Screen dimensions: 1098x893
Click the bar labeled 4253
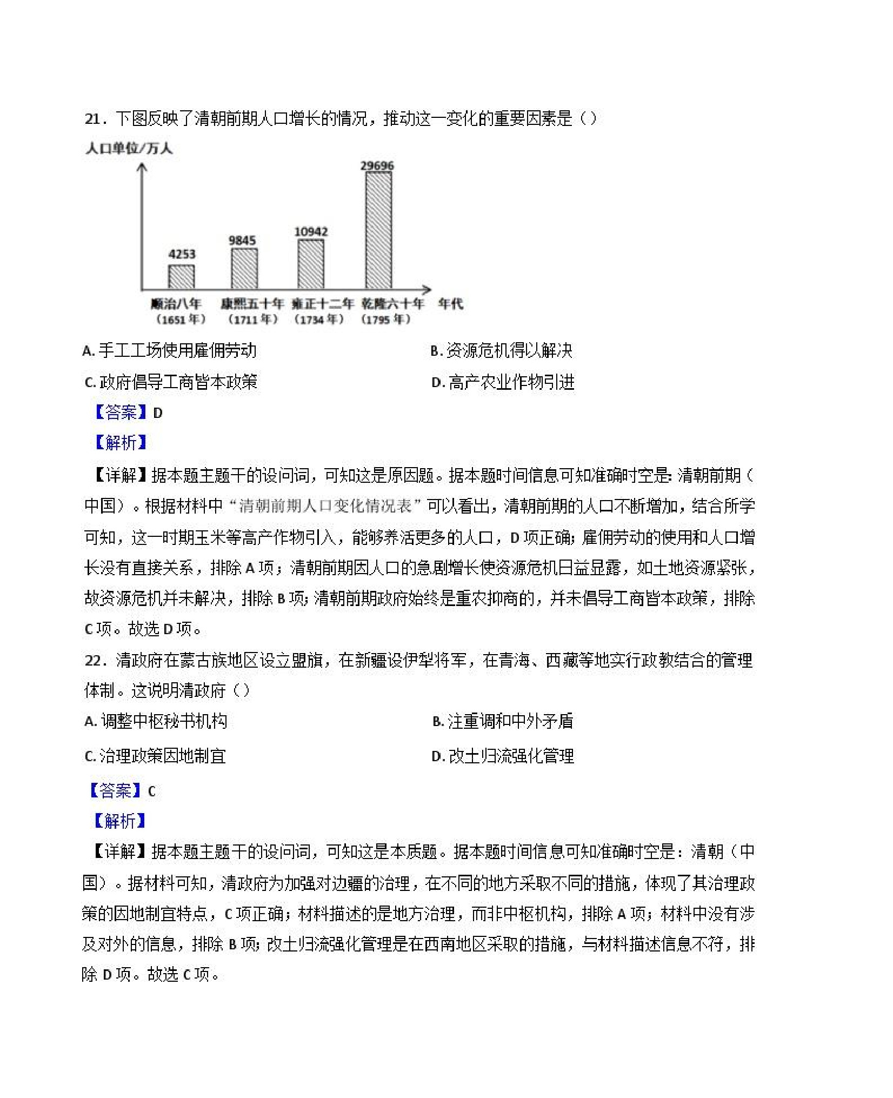(x=181, y=277)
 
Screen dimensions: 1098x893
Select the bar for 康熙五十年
(x=244, y=269)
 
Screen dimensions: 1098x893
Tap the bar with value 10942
(x=311, y=264)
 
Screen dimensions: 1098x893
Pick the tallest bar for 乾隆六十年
(x=378, y=230)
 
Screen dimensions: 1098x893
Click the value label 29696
(x=377, y=165)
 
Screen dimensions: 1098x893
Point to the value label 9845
(x=242, y=241)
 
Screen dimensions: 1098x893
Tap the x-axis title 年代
(x=450, y=304)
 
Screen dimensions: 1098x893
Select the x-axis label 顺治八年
(x=176, y=304)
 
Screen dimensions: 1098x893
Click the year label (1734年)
(x=319, y=320)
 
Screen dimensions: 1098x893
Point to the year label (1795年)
(x=385, y=320)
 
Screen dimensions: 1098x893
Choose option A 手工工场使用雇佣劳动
(x=170, y=351)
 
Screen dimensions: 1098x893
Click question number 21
(x=92, y=118)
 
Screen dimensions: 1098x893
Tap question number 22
(x=92, y=660)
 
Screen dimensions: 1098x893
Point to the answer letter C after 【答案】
(x=151, y=791)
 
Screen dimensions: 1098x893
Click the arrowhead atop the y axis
(x=142, y=168)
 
